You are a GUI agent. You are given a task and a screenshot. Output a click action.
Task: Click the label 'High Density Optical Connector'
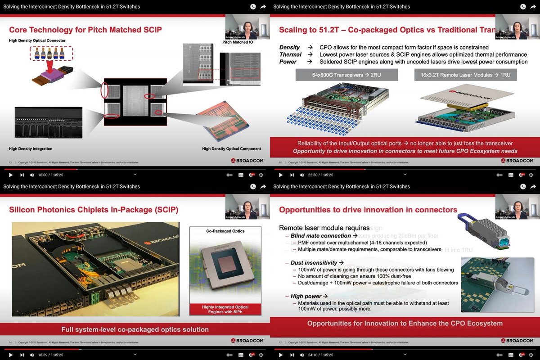click(x=37, y=40)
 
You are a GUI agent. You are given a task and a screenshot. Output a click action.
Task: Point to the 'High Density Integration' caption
click(x=31, y=148)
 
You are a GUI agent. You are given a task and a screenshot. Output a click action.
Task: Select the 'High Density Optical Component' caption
click(x=231, y=148)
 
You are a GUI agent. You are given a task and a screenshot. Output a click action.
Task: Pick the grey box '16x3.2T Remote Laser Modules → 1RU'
click(x=465, y=75)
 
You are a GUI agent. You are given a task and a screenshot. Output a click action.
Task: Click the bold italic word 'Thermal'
click(x=291, y=54)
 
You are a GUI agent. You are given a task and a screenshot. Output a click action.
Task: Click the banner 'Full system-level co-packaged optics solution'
click(x=135, y=329)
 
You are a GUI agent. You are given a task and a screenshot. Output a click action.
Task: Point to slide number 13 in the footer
click(x=10, y=162)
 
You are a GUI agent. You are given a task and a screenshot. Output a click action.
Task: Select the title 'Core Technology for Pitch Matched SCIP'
click(x=85, y=30)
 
